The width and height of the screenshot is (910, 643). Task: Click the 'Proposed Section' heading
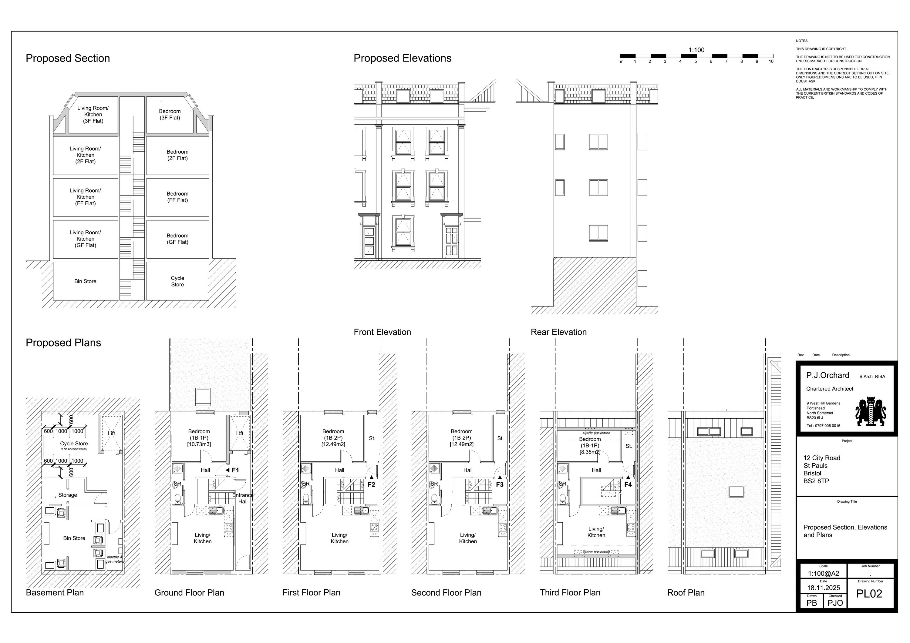(x=68, y=58)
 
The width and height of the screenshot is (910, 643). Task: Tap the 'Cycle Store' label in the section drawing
(x=177, y=281)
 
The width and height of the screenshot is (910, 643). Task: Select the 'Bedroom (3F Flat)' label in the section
(x=170, y=115)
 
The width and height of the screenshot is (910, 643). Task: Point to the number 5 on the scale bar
(x=695, y=62)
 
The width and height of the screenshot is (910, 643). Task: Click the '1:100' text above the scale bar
(x=696, y=50)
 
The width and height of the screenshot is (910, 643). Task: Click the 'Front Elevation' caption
(x=382, y=332)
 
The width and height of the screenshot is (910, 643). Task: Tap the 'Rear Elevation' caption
(x=558, y=332)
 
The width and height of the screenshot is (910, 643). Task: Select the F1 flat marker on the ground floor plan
(x=235, y=470)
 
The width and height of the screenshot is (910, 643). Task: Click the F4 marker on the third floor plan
(x=628, y=484)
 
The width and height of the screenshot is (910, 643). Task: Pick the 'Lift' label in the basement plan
(x=111, y=434)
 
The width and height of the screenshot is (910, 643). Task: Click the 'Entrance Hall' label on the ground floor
(x=243, y=498)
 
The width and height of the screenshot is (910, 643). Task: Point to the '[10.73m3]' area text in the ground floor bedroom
(x=199, y=444)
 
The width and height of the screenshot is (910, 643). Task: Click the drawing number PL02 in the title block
(x=869, y=594)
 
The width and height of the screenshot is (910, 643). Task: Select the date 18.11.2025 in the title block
(x=823, y=588)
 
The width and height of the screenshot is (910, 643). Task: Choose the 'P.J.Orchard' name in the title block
(x=827, y=375)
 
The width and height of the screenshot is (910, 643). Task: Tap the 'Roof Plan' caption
(x=686, y=593)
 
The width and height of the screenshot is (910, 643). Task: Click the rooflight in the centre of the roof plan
(x=736, y=491)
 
